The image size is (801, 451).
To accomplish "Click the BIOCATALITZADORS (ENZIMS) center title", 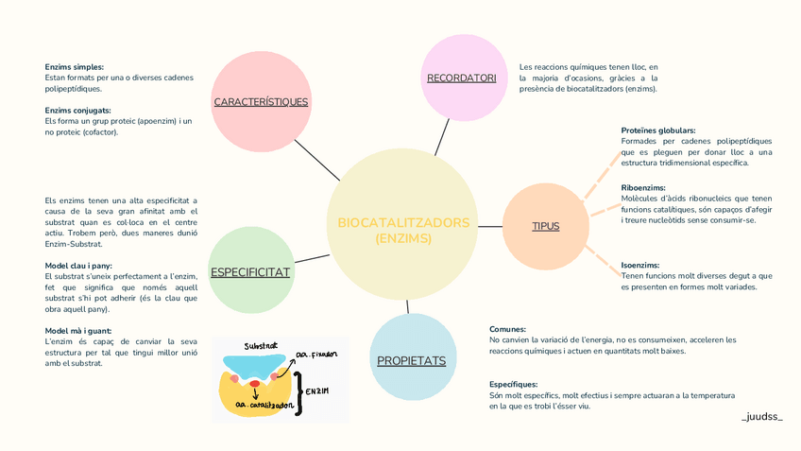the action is coord(403,231).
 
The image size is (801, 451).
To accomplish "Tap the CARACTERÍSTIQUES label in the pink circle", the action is coord(261,101).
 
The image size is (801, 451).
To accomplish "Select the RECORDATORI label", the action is coord(461,78).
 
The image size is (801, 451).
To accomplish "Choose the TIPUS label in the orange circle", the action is coord(545,226).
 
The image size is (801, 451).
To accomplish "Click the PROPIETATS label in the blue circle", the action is coord(411,360).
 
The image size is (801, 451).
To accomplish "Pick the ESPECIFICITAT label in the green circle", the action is coord(250,272).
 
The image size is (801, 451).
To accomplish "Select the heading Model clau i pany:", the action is coord(78,266).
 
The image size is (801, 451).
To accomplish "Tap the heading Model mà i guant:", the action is coord(79,329).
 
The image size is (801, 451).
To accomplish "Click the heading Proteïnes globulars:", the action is coord(658,130).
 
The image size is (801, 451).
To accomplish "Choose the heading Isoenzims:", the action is coord(640,266).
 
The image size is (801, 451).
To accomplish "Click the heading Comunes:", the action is coord(507,329).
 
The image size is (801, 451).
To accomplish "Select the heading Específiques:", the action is coord(513,385).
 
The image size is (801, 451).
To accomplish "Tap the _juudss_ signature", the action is coord(762,416).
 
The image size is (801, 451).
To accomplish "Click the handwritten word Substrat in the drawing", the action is coord(260,346).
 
